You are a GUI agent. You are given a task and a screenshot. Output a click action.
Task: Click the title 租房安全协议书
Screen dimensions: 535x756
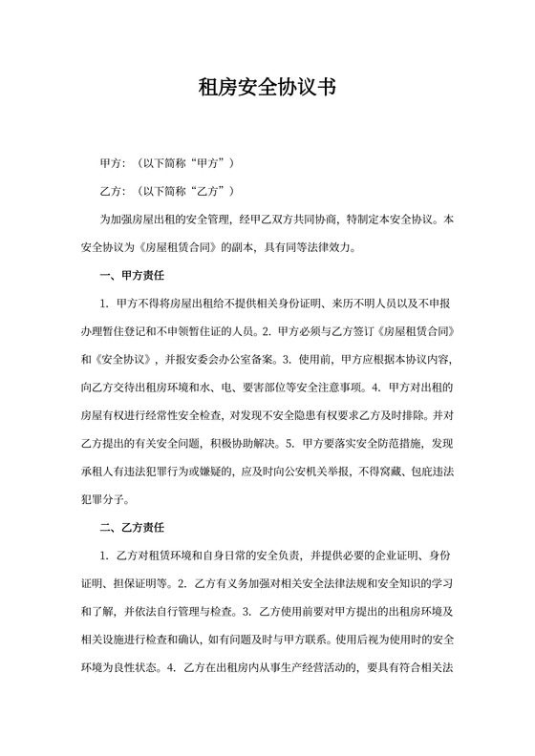pyautogui.click(x=267, y=89)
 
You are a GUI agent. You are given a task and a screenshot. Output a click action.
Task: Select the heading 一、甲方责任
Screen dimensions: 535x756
pyautogui.click(x=133, y=277)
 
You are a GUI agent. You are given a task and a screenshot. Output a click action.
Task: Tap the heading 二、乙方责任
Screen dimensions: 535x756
pyautogui.click(x=133, y=527)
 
